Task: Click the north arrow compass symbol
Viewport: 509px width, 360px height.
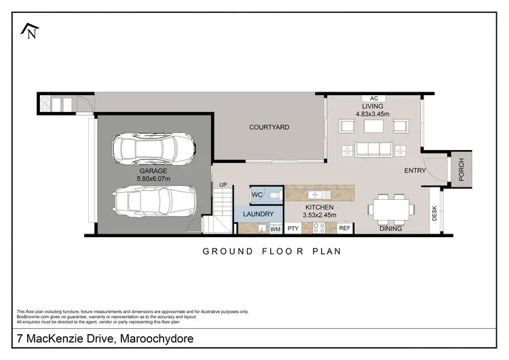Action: (30, 31)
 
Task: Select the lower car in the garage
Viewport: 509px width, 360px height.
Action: (154, 200)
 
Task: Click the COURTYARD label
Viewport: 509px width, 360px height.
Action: (269, 127)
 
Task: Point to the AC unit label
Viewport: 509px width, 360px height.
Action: (373, 98)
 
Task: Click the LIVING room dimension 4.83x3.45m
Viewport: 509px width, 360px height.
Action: (373, 114)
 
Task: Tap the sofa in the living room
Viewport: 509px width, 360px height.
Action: (373, 149)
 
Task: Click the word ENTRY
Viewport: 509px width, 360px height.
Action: (415, 170)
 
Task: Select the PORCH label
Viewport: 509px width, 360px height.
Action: (462, 170)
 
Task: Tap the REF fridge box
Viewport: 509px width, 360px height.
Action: (345, 229)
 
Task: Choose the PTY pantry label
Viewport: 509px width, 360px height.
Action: (293, 229)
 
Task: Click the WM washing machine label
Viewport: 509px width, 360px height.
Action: (275, 230)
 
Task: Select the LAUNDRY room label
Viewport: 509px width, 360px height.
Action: (258, 214)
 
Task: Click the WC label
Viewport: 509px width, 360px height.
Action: (257, 194)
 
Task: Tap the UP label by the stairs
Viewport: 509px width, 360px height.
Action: (223, 185)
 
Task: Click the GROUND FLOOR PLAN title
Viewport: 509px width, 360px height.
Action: (271, 251)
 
